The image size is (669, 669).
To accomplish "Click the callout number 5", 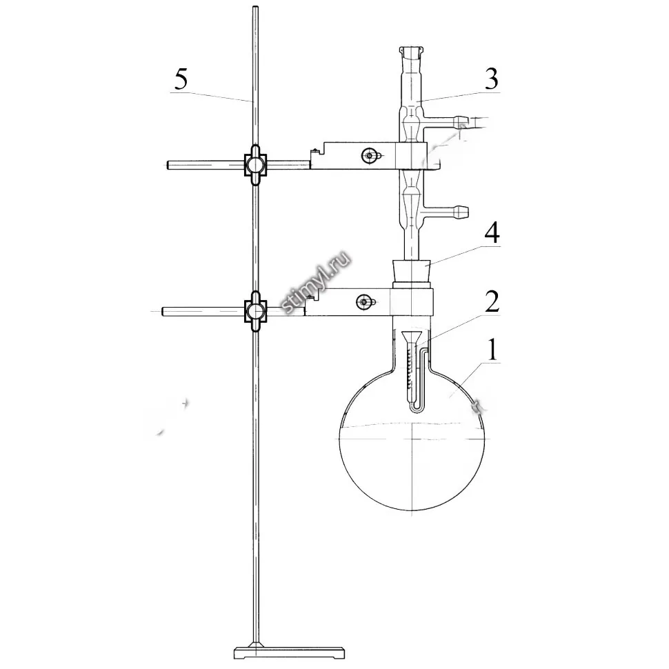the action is [x=181, y=79].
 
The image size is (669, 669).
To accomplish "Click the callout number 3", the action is [x=492, y=79].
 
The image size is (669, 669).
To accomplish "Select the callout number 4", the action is [x=492, y=233].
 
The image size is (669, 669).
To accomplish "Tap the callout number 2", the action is [x=492, y=301].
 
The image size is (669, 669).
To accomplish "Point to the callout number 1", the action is [x=492, y=350].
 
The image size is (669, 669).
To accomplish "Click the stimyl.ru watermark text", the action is [x=317, y=283].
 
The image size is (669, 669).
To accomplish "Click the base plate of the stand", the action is [x=289, y=652].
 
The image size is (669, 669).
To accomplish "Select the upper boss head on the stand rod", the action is [x=255, y=165].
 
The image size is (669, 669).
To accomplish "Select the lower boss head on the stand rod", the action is [x=255, y=312].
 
